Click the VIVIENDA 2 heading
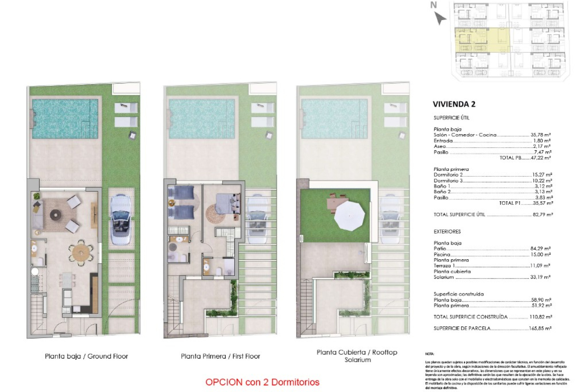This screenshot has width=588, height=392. point(454,104)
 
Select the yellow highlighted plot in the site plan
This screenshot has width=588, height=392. point(482,40)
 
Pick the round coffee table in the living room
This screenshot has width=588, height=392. point(55,215)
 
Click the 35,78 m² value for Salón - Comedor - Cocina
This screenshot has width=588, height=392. point(541,135)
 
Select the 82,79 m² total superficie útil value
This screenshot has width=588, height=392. point(543,215)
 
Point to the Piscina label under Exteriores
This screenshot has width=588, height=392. point(442,254)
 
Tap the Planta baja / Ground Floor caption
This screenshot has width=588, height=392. point(86,356)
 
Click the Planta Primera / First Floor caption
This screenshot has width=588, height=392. point(220,356)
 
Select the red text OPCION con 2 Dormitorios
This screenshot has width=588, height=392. point(262,382)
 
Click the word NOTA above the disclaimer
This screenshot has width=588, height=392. point(429,354)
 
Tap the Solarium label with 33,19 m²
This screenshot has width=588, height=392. point(443,277)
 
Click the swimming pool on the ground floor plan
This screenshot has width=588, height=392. point(65,119)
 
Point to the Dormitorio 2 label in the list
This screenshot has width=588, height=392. point(448,175)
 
